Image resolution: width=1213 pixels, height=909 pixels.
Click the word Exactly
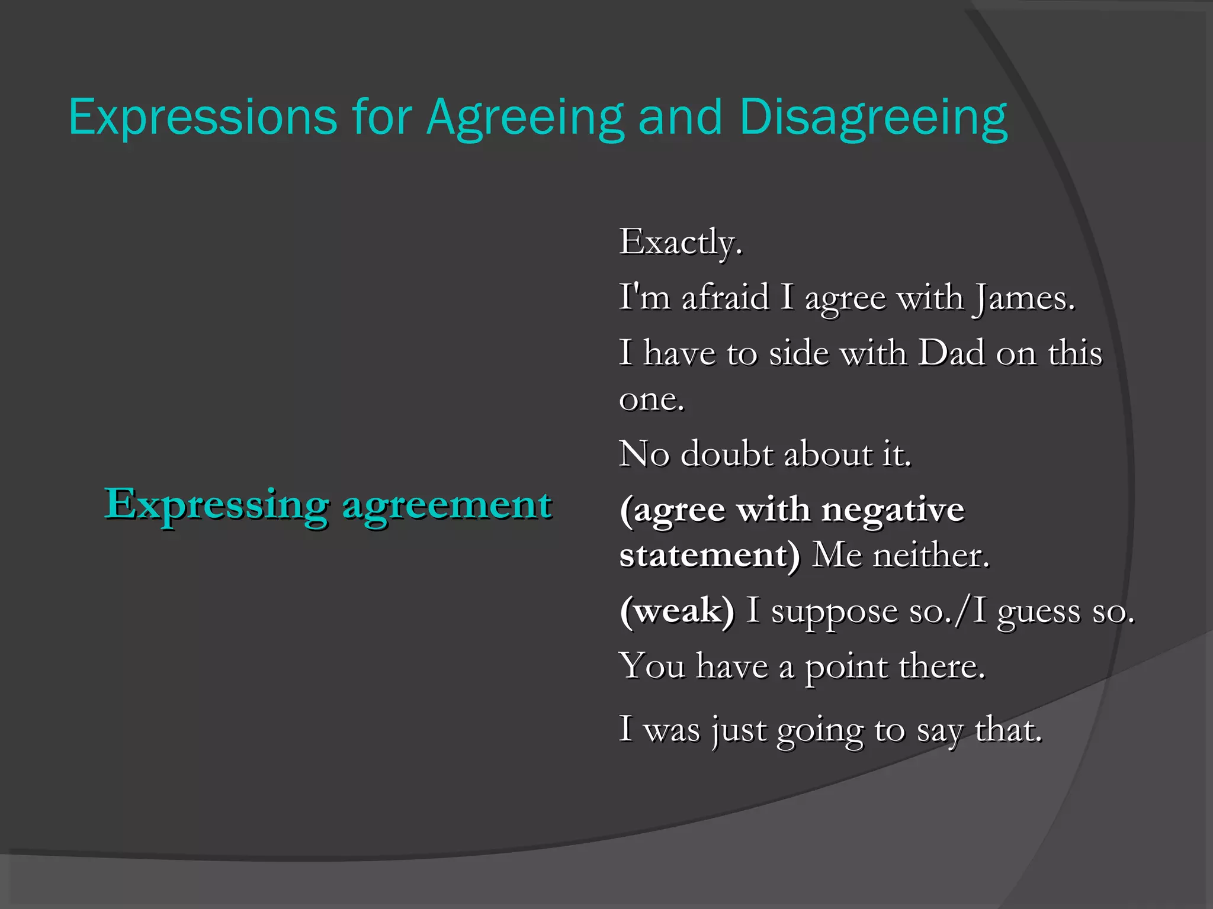(x=681, y=242)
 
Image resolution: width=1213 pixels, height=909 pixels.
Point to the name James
(x=1023, y=297)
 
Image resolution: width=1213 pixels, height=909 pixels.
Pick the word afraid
(x=725, y=297)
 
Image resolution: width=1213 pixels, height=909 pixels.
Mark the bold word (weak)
(x=677, y=611)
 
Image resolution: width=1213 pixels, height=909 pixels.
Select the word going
(x=820, y=730)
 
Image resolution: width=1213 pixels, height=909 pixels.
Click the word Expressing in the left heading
(x=216, y=505)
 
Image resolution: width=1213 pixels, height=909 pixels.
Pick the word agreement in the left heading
(x=447, y=505)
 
